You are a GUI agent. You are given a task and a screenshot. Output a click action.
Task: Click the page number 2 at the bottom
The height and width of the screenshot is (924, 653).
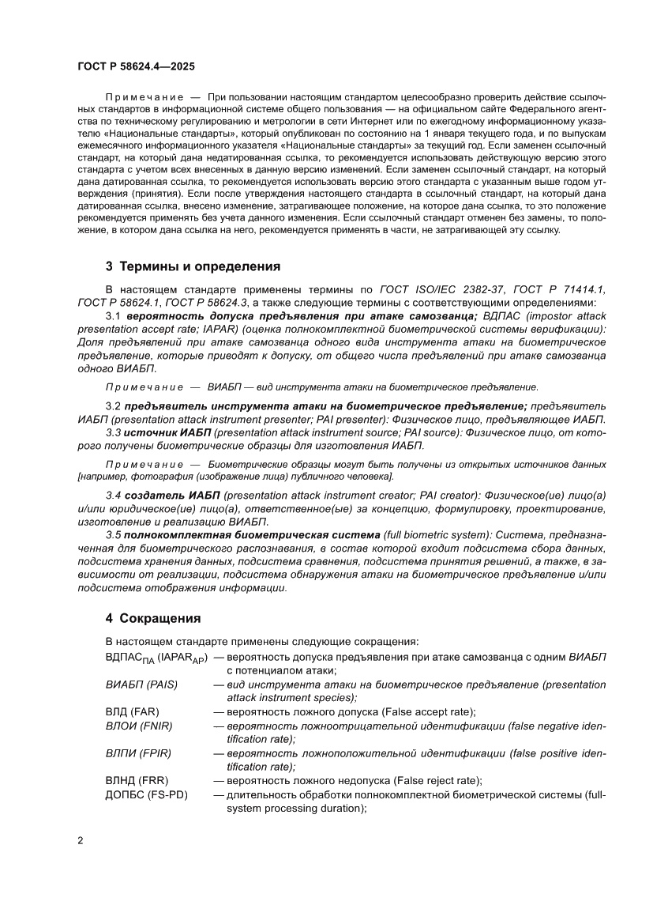tap(81, 840)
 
